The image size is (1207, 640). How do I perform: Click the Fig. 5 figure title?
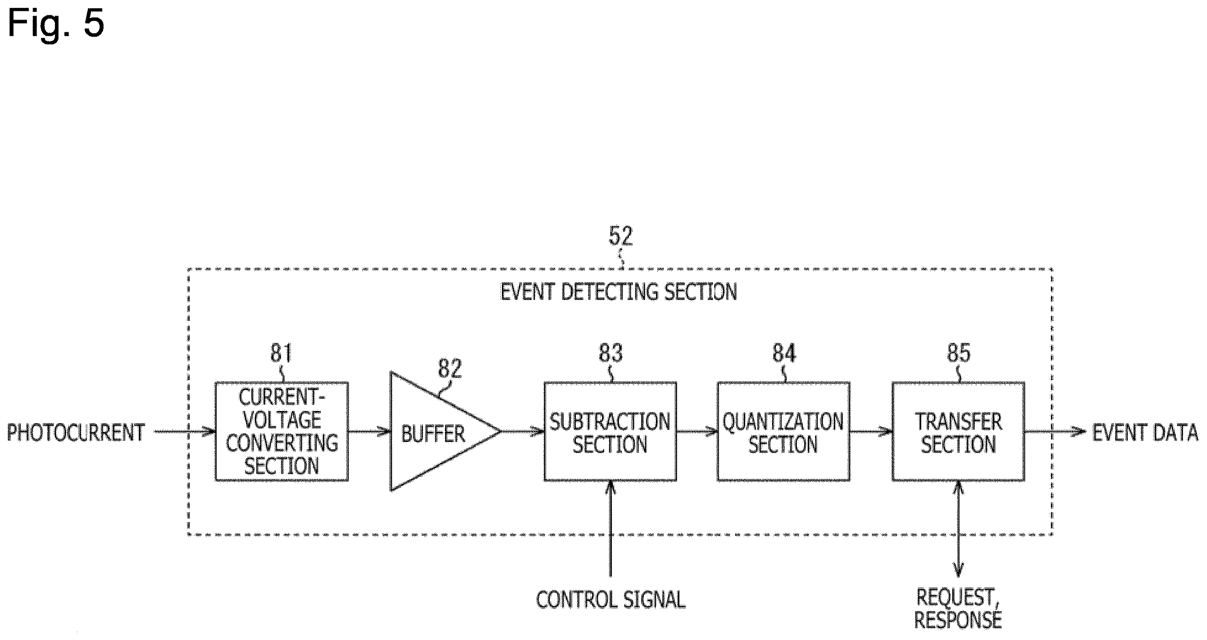56,24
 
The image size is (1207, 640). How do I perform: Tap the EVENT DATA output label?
1146,432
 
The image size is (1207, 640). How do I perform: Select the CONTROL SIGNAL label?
611,600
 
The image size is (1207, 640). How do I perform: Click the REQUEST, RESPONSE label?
958,609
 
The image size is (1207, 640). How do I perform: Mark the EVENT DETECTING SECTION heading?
619,292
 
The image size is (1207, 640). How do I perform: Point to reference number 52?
621,236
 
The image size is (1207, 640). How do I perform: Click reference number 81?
281,353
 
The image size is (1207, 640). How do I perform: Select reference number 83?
611,353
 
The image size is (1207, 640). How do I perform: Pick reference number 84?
784,353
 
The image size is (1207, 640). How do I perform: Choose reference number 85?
959,353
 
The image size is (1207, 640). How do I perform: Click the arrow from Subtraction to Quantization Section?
697,431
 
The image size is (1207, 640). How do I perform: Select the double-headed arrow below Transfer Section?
958,529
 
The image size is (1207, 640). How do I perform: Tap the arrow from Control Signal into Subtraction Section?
610,529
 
